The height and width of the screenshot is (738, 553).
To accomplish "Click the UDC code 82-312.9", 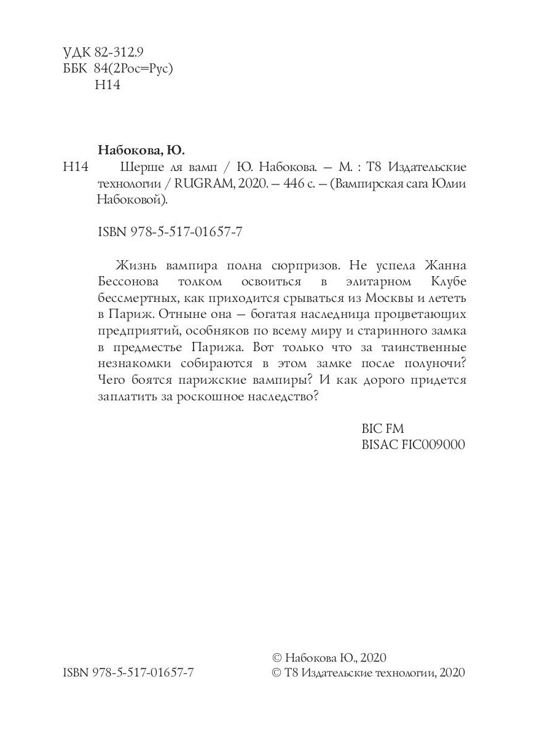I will [x=119, y=52].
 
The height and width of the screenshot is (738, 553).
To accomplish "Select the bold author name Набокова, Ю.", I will [x=141, y=151].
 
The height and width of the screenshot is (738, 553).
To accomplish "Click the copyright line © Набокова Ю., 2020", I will [x=329, y=657].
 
